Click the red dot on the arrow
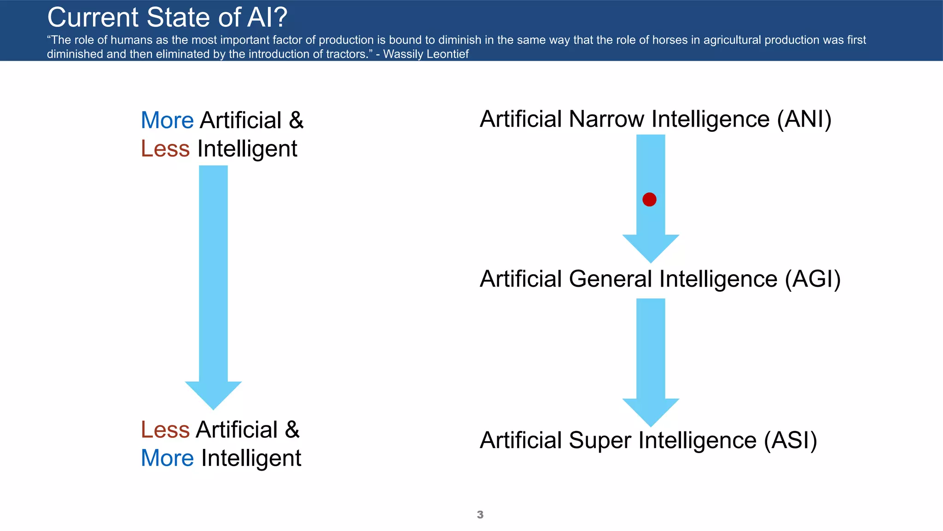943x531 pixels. [x=649, y=200]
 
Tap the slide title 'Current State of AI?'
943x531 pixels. [x=167, y=18]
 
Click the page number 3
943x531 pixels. [x=480, y=515]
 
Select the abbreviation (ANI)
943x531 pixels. [x=804, y=119]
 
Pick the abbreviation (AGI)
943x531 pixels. [x=813, y=279]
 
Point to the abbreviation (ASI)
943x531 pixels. [x=791, y=440]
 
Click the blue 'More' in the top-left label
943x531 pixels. [x=167, y=120]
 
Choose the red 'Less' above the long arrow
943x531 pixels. [x=165, y=149]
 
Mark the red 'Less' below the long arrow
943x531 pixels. [x=165, y=430]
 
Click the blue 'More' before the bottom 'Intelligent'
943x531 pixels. [x=167, y=458]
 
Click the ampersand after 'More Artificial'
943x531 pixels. [x=296, y=120]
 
